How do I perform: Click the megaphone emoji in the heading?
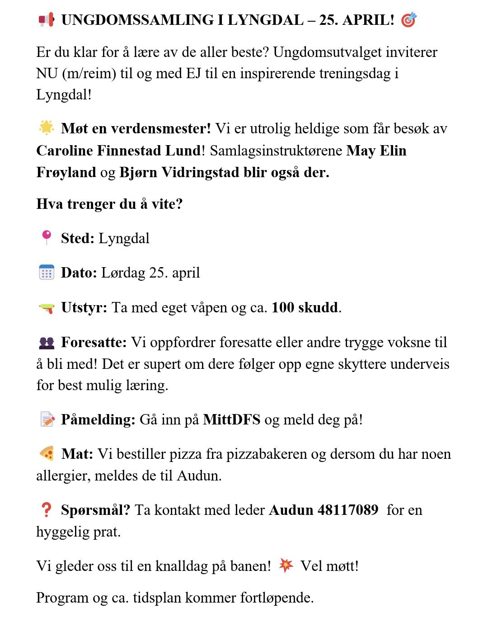pyautogui.click(x=46, y=20)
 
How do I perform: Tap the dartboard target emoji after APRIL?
pyautogui.click(x=409, y=20)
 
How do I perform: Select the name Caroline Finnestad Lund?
pyautogui.click(x=118, y=151)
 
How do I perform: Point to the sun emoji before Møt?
pyautogui.click(x=47, y=128)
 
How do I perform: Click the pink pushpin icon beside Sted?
pyautogui.click(x=47, y=237)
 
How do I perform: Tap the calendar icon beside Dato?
pyautogui.click(x=47, y=273)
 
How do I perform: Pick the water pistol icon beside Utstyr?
pyautogui.click(x=47, y=308)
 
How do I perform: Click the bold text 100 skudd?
pyautogui.click(x=305, y=307)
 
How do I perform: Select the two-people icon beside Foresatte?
pyautogui.click(x=47, y=343)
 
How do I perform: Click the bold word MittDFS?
pyautogui.click(x=232, y=419)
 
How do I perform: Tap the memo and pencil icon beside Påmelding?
pyautogui.click(x=47, y=419)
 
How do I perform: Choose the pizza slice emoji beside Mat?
pyautogui.click(x=47, y=453)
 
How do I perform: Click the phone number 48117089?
pyautogui.click(x=348, y=510)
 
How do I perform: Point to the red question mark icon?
pyautogui.click(x=46, y=510)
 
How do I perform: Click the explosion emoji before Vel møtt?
pyautogui.click(x=286, y=565)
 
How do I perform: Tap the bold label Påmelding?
pyautogui.click(x=98, y=419)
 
